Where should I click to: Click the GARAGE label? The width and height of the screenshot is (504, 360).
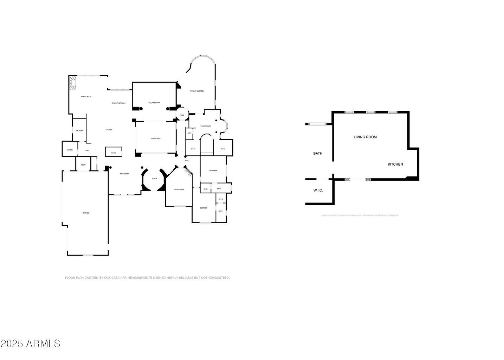click(86, 213)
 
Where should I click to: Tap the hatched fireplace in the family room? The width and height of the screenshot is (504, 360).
click(73, 83)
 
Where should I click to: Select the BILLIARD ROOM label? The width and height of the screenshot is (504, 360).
click(154, 103)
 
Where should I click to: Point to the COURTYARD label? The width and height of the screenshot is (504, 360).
click(156, 139)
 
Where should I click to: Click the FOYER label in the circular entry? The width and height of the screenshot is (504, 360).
click(154, 179)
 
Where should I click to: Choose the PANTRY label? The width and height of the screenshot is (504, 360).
click(70, 150)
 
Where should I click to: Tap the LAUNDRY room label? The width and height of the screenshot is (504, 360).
click(79, 131)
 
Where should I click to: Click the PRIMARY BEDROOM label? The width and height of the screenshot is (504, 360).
click(197, 91)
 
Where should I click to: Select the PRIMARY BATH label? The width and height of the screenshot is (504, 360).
click(206, 126)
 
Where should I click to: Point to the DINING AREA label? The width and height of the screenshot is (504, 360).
click(124, 174)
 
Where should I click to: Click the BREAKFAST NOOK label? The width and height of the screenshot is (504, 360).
click(119, 103)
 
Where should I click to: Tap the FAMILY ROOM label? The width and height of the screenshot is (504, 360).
click(86, 96)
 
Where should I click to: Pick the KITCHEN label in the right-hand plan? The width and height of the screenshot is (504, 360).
click(395, 164)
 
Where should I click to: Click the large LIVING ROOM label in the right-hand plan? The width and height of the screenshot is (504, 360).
click(365, 137)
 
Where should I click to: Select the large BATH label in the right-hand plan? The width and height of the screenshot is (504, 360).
click(318, 153)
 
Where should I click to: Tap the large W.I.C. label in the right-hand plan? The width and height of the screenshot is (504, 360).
click(318, 190)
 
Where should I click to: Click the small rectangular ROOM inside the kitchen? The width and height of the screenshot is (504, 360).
click(114, 153)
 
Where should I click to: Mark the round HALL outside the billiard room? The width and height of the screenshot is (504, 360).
click(182, 115)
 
